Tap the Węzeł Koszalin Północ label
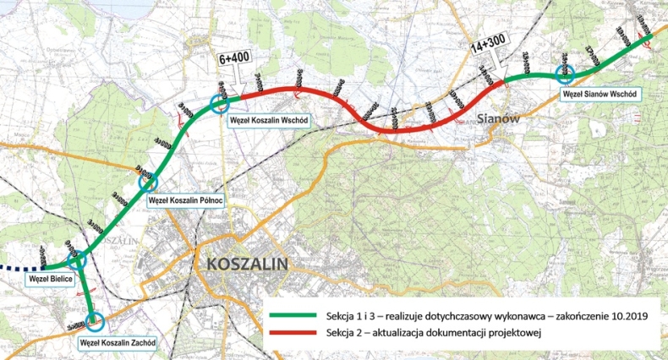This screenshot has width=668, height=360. click(184, 200)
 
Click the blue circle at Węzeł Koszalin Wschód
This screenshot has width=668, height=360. click(221, 103)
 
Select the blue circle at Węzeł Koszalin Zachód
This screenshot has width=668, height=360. click(95, 321)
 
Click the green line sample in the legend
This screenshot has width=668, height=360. click(293, 315)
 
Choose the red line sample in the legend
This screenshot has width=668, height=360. click(293, 333)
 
